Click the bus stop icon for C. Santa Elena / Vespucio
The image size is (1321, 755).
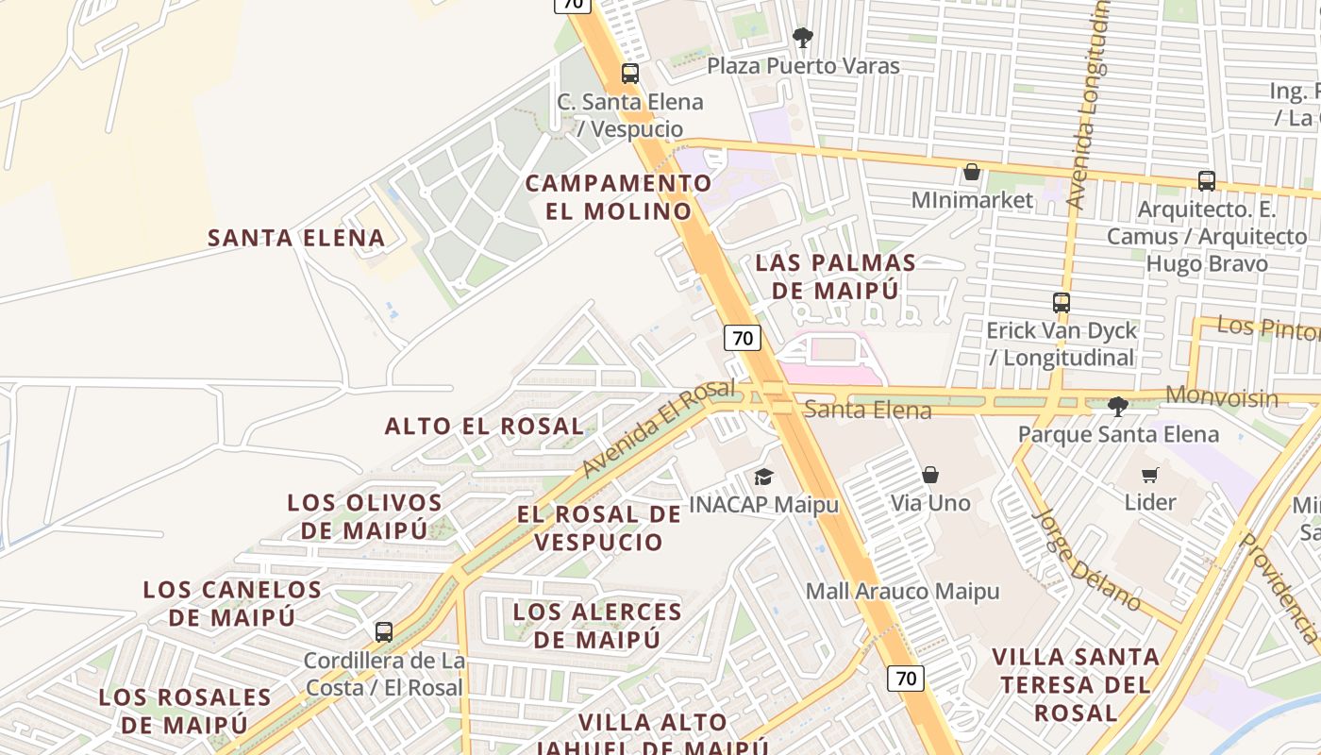pos(630,73)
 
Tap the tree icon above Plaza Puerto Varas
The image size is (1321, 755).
pos(803,38)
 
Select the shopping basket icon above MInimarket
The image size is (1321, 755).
pos(972,172)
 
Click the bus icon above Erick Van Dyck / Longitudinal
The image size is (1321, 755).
pos(1062,303)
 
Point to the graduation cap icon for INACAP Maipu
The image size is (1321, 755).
pos(763,477)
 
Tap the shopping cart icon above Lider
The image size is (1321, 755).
pos(1149,474)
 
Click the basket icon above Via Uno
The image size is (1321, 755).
pos(930,474)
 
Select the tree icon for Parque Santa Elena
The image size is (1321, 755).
pos(1118,407)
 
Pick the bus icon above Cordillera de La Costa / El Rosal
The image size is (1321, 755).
pos(383,631)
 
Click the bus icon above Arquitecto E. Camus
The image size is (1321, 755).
pos(1206,180)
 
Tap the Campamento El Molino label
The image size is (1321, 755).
pos(618,196)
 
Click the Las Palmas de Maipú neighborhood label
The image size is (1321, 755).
pos(835,277)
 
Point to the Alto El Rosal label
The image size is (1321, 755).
pos(484,426)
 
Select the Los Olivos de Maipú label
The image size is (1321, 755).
pos(364,516)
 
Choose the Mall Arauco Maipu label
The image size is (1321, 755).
pos(902,592)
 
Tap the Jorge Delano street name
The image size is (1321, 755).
pos(1087,561)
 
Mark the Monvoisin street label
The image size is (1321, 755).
pos(1222,396)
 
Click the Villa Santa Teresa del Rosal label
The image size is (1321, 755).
pos(1075,683)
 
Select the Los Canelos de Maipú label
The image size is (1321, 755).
pos(232,603)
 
